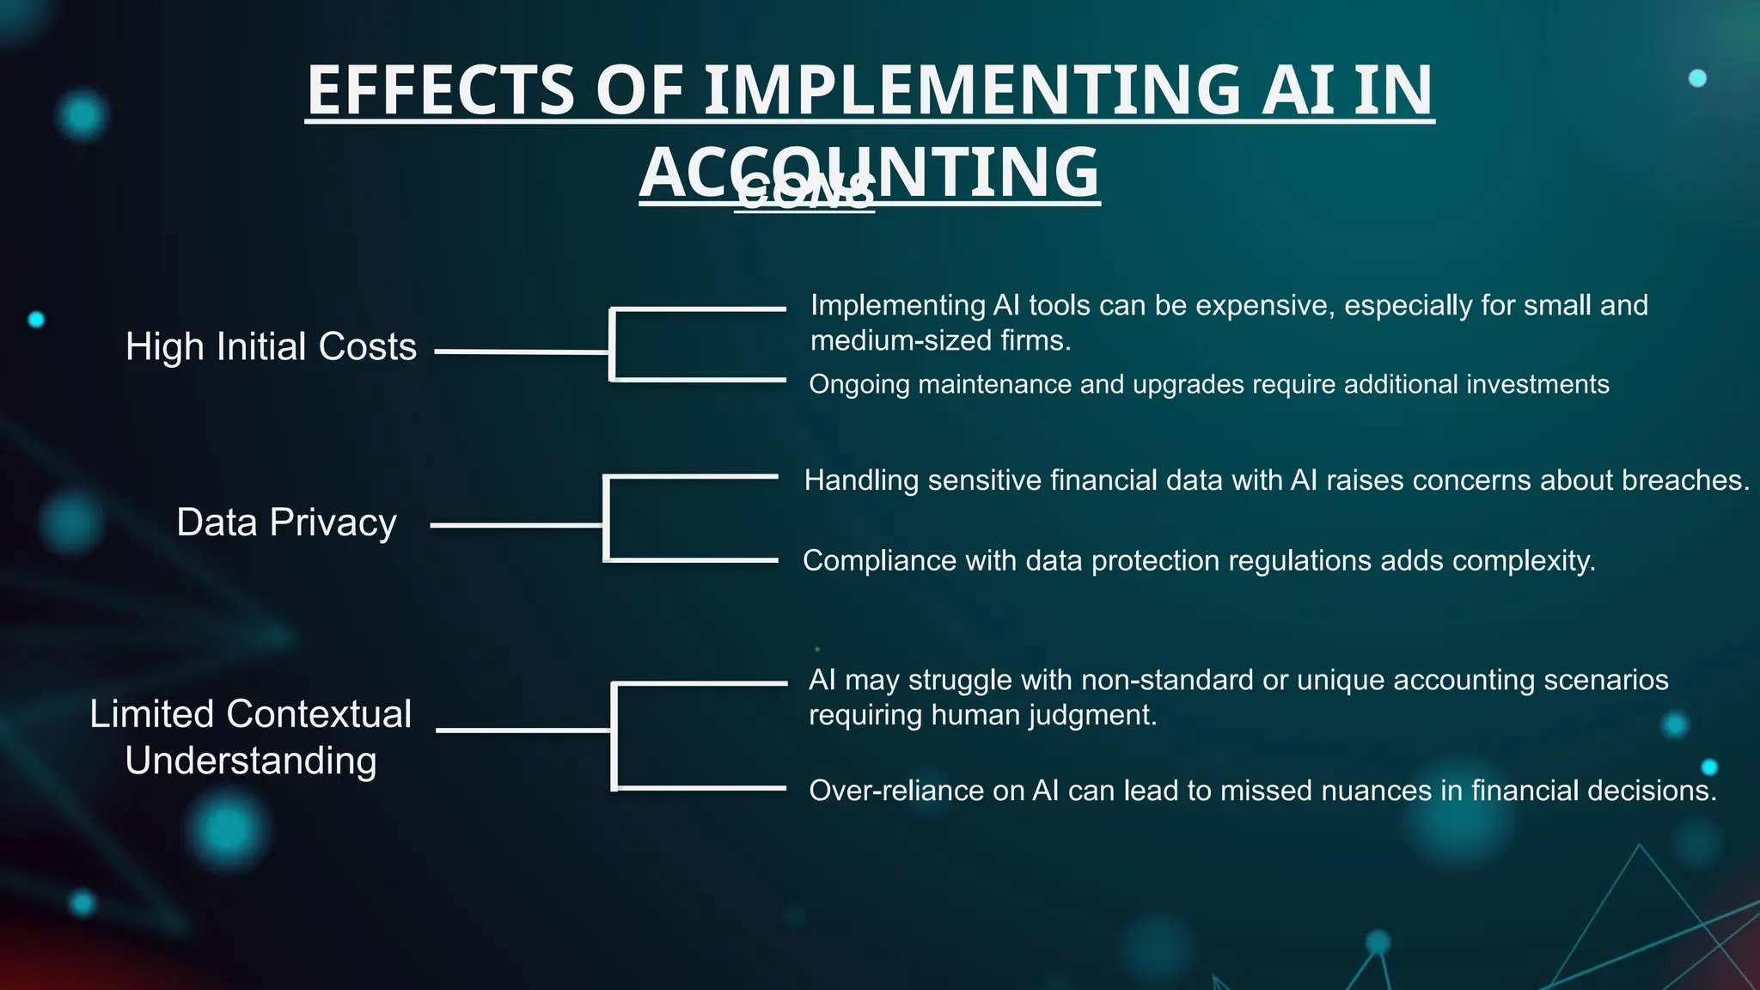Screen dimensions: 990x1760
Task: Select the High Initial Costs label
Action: tap(271, 347)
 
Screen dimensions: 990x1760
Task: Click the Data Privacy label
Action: tap(286, 522)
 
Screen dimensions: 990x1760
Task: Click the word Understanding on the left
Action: tap(251, 761)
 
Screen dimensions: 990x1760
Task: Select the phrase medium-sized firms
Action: tap(940, 341)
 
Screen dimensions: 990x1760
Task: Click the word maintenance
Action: tap(994, 384)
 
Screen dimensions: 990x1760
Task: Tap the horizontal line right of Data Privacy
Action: tap(516, 525)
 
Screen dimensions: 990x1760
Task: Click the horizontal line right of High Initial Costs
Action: tap(522, 351)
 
